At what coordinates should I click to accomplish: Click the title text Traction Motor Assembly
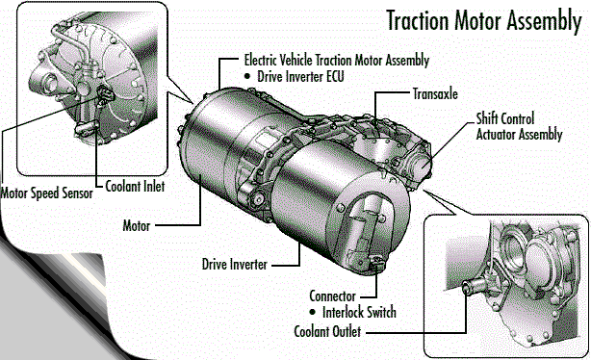pos(484,20)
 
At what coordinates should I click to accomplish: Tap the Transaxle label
pos(435,93)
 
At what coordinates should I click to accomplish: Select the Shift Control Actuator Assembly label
pos(519,126)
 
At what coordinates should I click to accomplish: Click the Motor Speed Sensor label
pos(46,193)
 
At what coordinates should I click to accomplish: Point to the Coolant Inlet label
pos(135,186)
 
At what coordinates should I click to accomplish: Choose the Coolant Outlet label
pos(327,331)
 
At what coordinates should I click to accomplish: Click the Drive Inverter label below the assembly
pos(235,264)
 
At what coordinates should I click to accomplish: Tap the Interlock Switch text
pos(359,312)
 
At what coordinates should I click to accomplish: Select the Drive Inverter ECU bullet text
pos(300,76)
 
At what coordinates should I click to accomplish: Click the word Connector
pos(332,296)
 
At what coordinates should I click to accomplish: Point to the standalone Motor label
pos(137,226)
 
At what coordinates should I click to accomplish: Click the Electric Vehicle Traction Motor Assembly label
pos(337,60)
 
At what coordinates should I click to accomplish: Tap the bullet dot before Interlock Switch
pos(312,312)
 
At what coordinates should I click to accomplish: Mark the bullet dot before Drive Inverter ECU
pos(247,76)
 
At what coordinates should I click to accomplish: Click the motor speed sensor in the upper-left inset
pos(105,94)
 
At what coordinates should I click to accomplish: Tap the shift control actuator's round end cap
pos(419,165)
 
